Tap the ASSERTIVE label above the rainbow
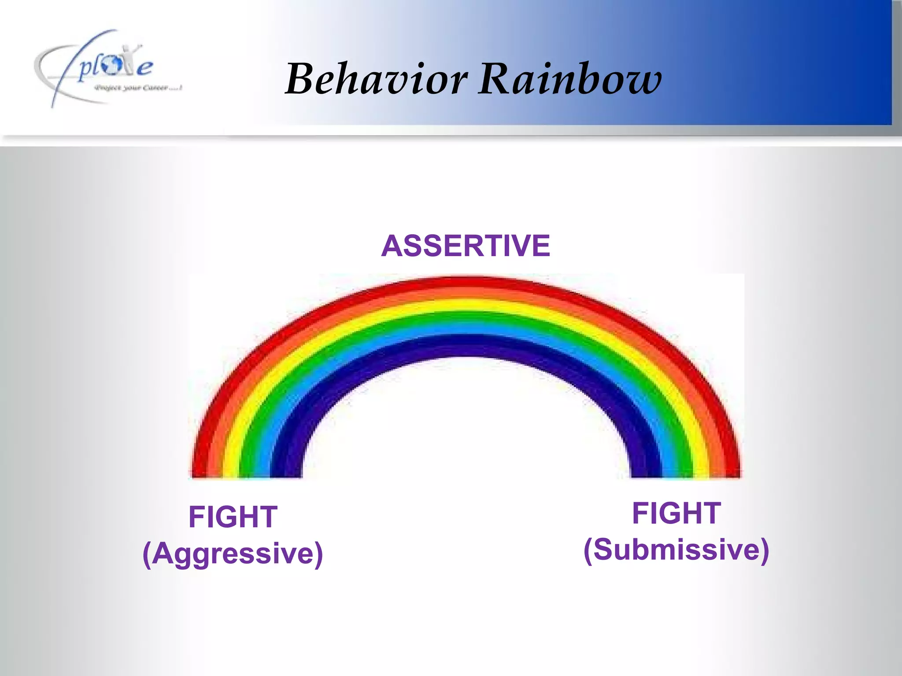[x=466, y=246]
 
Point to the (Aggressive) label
[x=233, y=554]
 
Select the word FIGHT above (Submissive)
[x=676, y=513]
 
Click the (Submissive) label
[x=676, y=550]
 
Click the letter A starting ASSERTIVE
[x=392, y=246]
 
